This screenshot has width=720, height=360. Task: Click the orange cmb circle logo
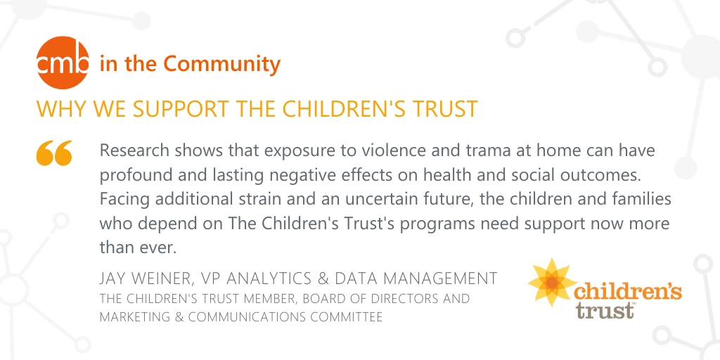point(63,63)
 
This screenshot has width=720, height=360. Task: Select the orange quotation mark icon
point(54,153)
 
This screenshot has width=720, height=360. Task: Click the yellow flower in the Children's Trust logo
point(552,282)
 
